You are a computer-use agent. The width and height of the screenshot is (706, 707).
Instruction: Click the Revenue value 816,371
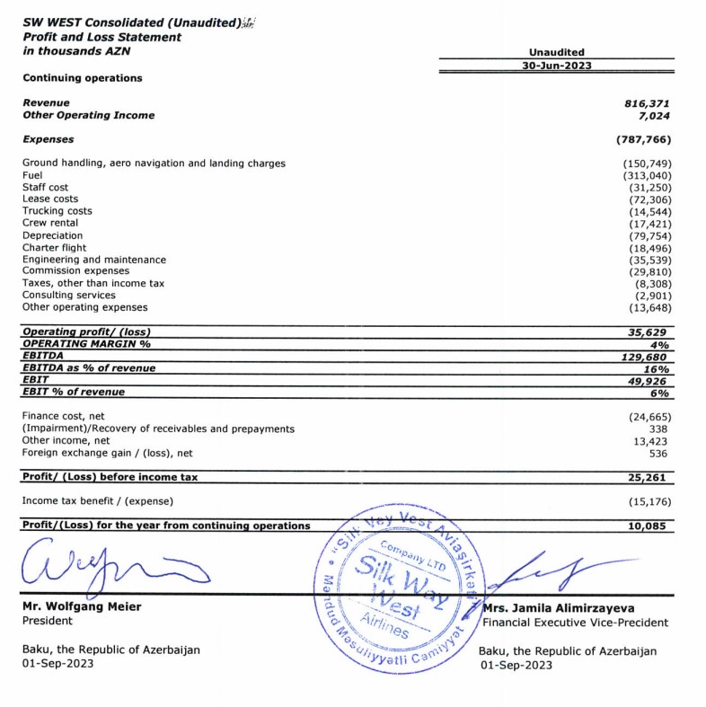click(647, 103)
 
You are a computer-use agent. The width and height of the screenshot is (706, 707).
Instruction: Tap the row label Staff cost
click(45, 187)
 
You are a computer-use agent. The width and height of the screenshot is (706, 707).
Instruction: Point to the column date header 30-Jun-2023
click(557, 66)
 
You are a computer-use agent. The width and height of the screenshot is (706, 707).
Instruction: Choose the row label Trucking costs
click(57, 211)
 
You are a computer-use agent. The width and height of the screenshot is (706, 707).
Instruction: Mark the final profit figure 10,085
click(649, 526)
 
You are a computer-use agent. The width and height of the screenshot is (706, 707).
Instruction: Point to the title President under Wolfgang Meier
click(49, 620)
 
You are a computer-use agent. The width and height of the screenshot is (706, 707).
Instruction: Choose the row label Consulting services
click(68, 295)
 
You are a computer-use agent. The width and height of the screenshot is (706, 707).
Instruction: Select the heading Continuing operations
click(82, 78)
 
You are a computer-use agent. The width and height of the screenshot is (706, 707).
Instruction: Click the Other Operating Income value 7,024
click(653, 115)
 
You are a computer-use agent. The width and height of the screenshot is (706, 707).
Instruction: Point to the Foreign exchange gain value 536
click(660, 454)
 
